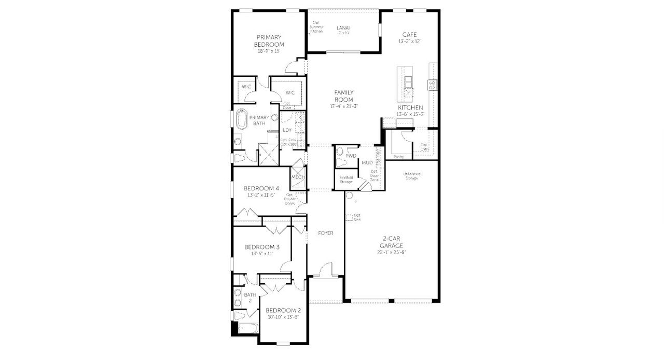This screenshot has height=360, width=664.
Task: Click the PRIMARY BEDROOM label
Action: [x=269, y=41]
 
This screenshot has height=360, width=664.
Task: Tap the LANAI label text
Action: [x=343, y=27]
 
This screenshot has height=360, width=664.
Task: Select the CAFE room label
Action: [x=409, y=35]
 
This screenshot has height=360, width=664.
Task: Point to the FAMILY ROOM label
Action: [x=343, y=96]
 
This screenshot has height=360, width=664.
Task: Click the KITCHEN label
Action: [x=410, y=107]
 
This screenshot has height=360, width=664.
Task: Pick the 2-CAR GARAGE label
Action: [x=391, y=243]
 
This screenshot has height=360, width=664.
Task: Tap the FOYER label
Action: [x=325, y=233]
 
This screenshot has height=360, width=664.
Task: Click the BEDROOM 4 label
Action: [x=261, y=188]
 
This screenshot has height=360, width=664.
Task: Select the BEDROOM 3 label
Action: [x=262, y=247]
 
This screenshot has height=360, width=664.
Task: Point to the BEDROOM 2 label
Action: [x=283, y=310]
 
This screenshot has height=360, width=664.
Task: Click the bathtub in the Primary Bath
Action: [x=241, y=119]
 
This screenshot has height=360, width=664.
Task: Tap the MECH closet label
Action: [x=298, y=177]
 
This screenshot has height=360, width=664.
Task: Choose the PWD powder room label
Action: [x=351, y=156]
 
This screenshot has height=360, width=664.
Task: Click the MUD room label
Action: [x=367, y=163]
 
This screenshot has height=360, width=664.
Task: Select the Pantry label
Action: [x=398, y=156]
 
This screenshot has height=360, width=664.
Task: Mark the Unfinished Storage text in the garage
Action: [x=411, y=176]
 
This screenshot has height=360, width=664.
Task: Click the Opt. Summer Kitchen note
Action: [x=316, y=27]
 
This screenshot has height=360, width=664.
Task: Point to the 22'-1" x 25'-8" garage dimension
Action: [x=391, y=253]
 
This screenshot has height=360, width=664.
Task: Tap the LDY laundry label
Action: [x=287, y=130]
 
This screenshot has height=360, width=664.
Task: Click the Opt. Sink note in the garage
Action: [x=356, y=217]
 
